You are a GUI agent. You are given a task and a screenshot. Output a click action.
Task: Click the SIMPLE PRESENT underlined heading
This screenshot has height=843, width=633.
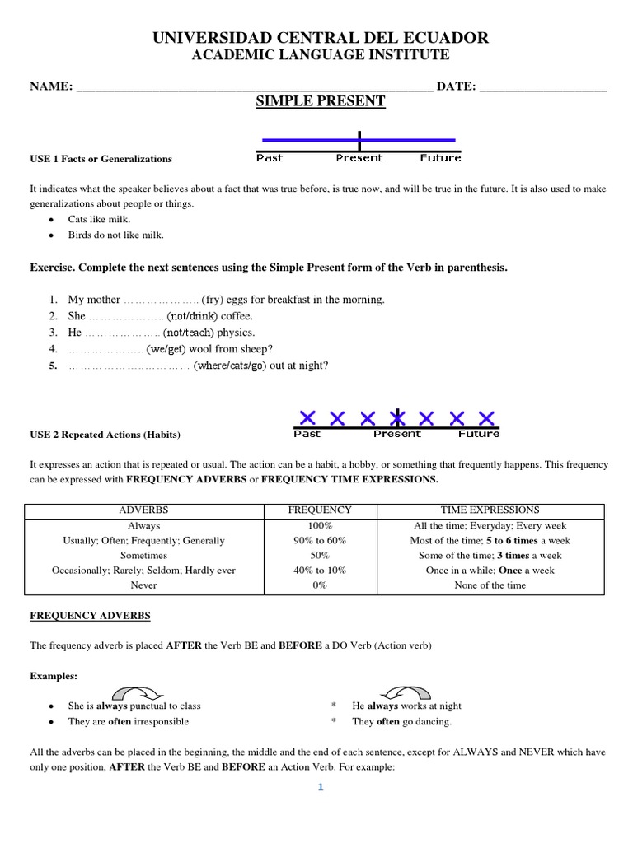pos(321,101)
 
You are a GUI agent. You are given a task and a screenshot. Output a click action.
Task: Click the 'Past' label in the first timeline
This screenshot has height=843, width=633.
pos(270,157)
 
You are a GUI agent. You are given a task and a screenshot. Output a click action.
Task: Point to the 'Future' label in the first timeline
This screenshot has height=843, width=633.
pos(440,157)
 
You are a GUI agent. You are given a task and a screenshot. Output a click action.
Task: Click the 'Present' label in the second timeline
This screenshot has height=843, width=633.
pos(396,433)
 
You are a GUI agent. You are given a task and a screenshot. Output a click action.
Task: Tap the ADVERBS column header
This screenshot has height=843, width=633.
pos(143,510)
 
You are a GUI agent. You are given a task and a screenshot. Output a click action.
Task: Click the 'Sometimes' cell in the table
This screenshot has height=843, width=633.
pos(143,556)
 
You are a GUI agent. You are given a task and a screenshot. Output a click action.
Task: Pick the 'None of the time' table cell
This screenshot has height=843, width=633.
pos(490,585)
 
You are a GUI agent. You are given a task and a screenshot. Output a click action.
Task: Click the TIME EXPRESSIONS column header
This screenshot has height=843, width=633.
pos(490,510)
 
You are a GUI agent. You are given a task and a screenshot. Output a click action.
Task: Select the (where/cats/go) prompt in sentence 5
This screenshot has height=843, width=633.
pos(230,366)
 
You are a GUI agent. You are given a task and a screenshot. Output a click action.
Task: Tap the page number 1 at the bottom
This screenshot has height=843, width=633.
pos(321,788)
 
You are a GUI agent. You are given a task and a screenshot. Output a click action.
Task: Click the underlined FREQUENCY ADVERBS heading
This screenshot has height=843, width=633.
pos(90,616)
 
